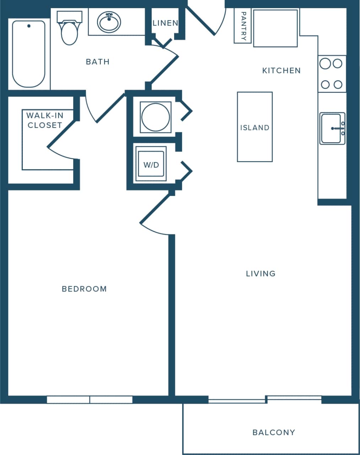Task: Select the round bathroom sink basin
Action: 109,22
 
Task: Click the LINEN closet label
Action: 165,23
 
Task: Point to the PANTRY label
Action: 243,26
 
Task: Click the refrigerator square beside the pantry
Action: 275,28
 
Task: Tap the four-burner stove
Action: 331,74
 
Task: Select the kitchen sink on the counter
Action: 332,128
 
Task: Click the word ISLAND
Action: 254,128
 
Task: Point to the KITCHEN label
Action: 281,71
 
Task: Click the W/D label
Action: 151,165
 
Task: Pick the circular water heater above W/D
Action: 156,117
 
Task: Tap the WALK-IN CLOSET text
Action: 45,120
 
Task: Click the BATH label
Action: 98,62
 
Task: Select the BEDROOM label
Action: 84,289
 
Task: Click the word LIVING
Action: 260,274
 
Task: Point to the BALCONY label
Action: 274,433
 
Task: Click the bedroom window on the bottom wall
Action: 90,400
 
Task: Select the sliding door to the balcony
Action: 265,400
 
